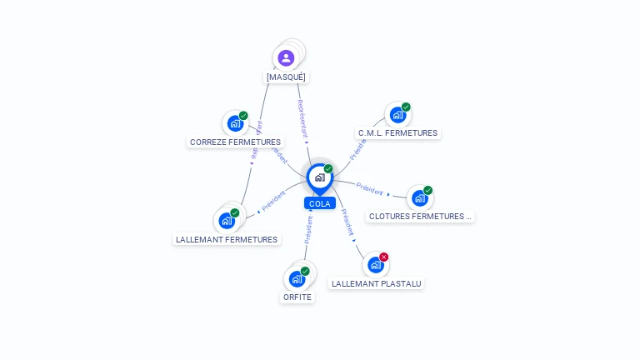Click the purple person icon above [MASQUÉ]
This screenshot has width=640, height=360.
(x=286, y=57)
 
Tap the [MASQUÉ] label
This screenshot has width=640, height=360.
(x=286, y=77)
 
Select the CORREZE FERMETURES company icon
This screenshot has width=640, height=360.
(x=235, y=123)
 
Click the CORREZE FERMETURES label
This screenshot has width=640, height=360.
(x=235, y=142)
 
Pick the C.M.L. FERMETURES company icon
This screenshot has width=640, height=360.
(x=397, y=115)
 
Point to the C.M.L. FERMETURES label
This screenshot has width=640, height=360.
(x=397, y=132)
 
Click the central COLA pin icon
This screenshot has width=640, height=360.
(x=319, y=177)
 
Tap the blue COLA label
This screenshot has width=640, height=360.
(x=319, y=203)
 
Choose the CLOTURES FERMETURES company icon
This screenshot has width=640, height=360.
(x=419, y=197)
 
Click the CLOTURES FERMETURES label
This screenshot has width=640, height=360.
(x=420, y=216)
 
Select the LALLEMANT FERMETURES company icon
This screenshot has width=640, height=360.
(x=226, y=221)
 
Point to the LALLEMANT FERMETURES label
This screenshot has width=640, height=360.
(x=227, y=239)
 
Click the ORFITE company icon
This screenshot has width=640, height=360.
(x=297, y=279)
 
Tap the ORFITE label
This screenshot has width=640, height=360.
(x=297, y=297)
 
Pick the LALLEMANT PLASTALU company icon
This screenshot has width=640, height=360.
(x=375, y=265)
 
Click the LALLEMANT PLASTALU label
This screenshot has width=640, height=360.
(x=377, y=283)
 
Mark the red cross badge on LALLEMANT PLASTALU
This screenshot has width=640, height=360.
(x=383, y=257)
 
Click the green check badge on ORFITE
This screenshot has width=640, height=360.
(x=305, y=271)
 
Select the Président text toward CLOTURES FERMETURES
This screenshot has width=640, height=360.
(x=369, y=188)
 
